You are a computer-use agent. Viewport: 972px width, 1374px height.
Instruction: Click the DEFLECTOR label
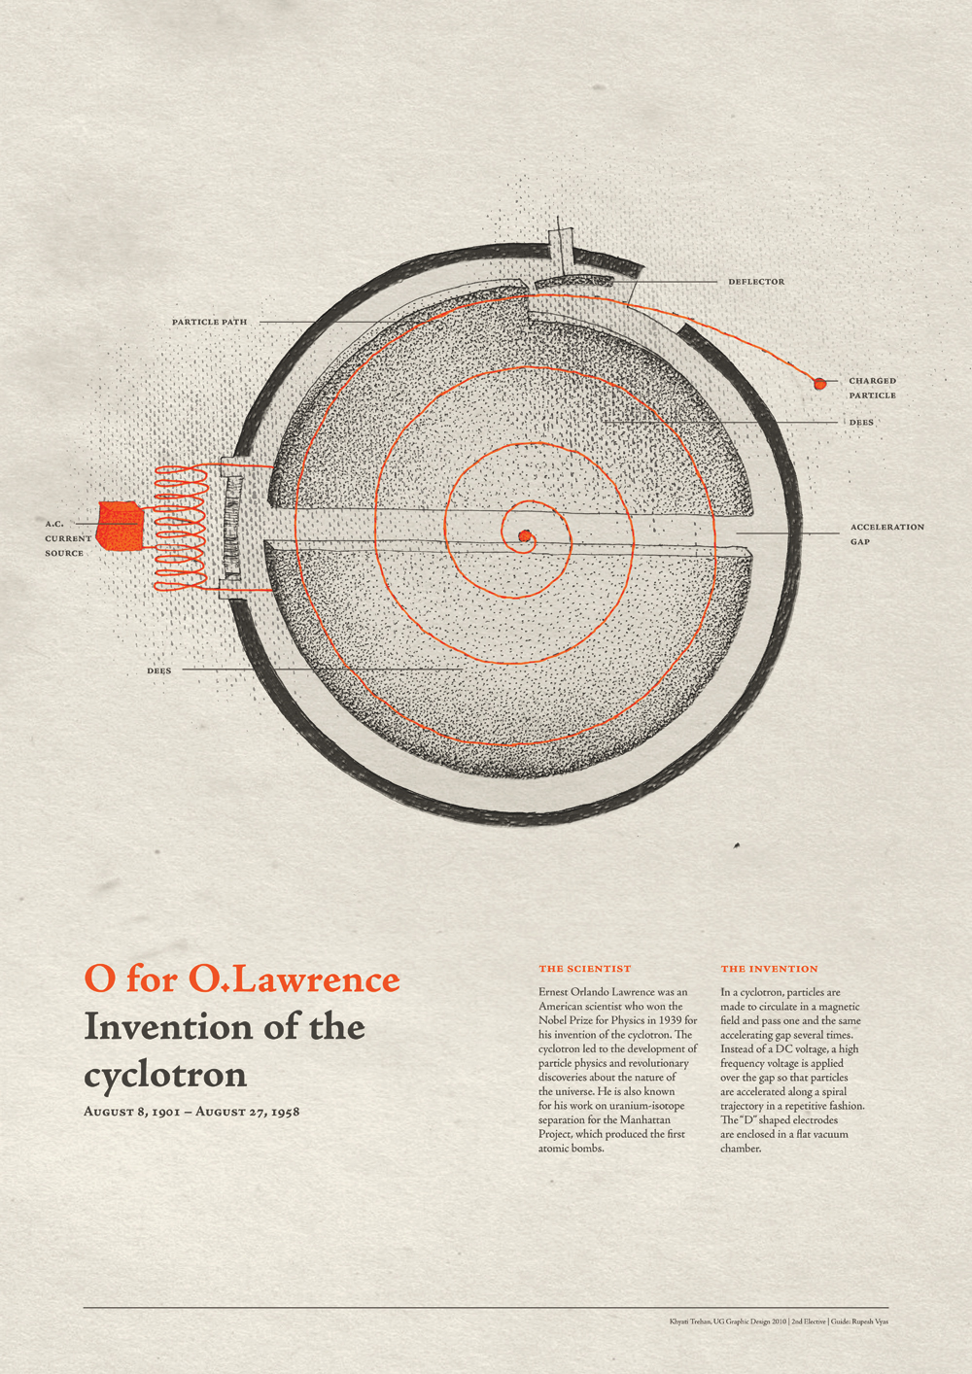(756, 282)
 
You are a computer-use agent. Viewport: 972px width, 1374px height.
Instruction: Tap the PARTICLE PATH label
(209, 322)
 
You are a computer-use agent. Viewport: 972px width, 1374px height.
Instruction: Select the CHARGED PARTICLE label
(872, 388)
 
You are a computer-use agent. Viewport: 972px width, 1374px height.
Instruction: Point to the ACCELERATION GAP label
(886, 533)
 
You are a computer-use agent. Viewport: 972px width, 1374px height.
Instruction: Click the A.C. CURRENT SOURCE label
(68, 538)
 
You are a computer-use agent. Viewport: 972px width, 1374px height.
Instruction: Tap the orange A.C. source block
(120, 525)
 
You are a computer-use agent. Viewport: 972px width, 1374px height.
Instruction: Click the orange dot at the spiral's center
(524, 536)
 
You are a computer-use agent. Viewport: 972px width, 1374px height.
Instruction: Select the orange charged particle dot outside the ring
(819, 384)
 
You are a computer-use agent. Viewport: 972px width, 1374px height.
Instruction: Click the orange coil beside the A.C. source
(181, 528)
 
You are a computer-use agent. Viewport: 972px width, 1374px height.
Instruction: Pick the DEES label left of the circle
(159, 670)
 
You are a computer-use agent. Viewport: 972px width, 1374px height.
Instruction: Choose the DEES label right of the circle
(861, 422)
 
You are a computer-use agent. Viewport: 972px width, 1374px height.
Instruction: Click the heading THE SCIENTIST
(585, 969)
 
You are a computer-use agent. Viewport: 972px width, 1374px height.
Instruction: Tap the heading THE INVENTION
(769, 969)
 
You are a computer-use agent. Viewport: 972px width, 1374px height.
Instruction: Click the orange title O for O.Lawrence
(242, 978)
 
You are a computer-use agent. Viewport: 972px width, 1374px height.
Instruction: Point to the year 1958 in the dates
(286, 1112)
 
